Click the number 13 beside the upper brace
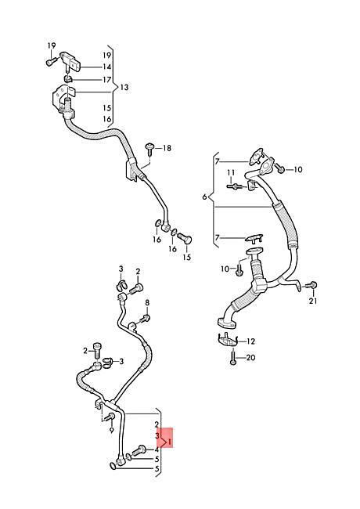[x=124, y=88]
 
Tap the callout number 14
[x=107, y=67]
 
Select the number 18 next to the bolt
[x=167, y=148]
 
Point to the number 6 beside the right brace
[x=204, y=197]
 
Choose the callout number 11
[x=231, y=172]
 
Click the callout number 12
[x=250, y=341]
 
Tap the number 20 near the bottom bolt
[x=250, y=358]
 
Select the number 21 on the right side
[x=312, y=301]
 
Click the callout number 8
[x=147, y=303]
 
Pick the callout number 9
[x=112, y=431]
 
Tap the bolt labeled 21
[x=311, y=286]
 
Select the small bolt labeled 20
[x=233, y=359]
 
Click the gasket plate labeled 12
[x=228, y=341]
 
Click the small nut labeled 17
[x=68, y=79]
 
